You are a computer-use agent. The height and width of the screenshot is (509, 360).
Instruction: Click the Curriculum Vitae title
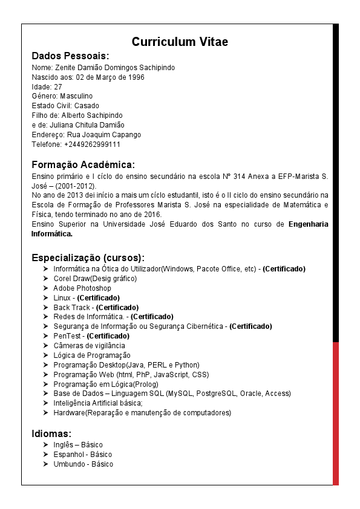click(180, 42)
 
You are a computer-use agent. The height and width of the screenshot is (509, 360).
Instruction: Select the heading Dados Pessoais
click(70, 56)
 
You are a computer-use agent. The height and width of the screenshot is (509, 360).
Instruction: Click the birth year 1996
click(136, 77)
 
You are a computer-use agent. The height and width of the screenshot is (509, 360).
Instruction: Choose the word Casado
click(87, 106)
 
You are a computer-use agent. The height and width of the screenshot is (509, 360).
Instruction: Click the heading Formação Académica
click(83, 164)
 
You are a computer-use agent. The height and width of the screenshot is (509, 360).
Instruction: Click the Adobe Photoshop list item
click(82, 288)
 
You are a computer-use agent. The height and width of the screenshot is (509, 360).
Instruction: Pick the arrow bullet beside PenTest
click(46, 336)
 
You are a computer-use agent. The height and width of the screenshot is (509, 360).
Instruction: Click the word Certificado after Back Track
click(117, 308)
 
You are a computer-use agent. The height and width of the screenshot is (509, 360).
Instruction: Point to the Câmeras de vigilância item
click(89, 346)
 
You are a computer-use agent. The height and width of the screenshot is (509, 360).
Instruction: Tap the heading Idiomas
click(51, 433)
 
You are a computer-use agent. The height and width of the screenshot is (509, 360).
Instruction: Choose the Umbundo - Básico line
click(83, 464)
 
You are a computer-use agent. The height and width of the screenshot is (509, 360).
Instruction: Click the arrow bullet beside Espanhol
click(46, 455)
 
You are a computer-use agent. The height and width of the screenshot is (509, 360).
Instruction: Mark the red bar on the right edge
click(336, 413)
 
